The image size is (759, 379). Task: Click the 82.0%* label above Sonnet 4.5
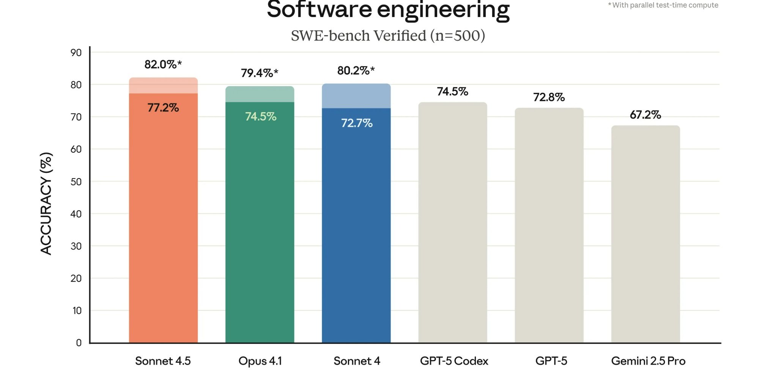coord(163,64)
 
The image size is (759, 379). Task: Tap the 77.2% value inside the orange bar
coord(163,108)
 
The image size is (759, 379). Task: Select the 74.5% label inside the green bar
coord(260,116)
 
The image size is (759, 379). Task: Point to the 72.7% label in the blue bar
coord(357,123)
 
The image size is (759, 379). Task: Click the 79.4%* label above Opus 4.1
coord(260,73)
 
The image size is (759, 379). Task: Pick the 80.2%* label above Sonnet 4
coord(356,70)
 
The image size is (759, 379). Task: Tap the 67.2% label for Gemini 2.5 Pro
coord(645,114)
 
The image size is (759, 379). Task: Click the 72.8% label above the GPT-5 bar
coord(549,97)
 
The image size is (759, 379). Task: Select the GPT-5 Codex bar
coord(452,224)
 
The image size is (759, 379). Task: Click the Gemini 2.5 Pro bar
coord(645,235)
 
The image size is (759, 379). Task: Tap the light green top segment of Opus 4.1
coord(260,94)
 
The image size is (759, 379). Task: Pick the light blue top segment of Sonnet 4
coord(356,96)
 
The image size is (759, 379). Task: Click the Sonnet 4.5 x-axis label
coord(163,361)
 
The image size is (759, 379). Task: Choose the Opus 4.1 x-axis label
coord(260,361)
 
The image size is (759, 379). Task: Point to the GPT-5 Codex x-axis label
coord(454,361)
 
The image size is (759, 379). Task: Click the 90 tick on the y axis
coord(76,53)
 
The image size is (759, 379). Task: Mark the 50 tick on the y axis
coord(76,182)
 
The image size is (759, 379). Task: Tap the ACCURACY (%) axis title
coord(46,203)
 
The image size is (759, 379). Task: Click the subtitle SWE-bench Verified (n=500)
coord(388,36)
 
